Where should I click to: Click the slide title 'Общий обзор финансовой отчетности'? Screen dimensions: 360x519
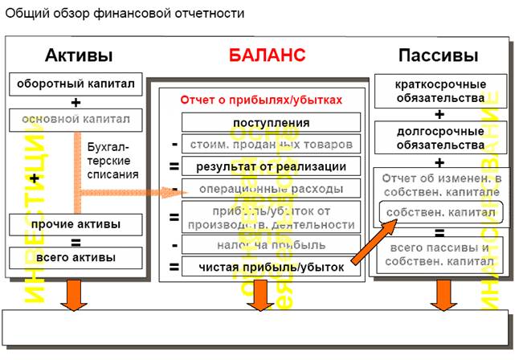[126, 14]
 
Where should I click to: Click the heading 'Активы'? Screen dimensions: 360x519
[78, 55]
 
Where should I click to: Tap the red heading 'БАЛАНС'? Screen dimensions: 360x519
[267, 55]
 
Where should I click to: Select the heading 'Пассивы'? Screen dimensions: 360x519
[438, 55]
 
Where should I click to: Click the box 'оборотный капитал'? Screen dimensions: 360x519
[77, 83]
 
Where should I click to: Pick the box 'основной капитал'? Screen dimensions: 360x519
[77, 120]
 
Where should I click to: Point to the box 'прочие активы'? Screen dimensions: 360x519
[77, 223]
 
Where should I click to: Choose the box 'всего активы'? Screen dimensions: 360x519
[77, 257]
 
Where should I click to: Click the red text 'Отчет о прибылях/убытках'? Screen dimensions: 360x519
[263, 100]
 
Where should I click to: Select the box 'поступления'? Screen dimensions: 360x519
[272, 123]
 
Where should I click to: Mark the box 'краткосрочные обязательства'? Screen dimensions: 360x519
[440, 91]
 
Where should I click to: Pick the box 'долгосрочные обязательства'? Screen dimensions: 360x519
[440, 139]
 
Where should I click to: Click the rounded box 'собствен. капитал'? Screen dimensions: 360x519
[440, 211]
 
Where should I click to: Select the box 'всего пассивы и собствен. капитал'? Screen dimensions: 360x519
[440, 256]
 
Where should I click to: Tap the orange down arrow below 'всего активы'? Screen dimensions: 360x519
[76, 295]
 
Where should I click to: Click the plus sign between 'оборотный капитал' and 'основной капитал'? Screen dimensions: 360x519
[76, 102]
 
